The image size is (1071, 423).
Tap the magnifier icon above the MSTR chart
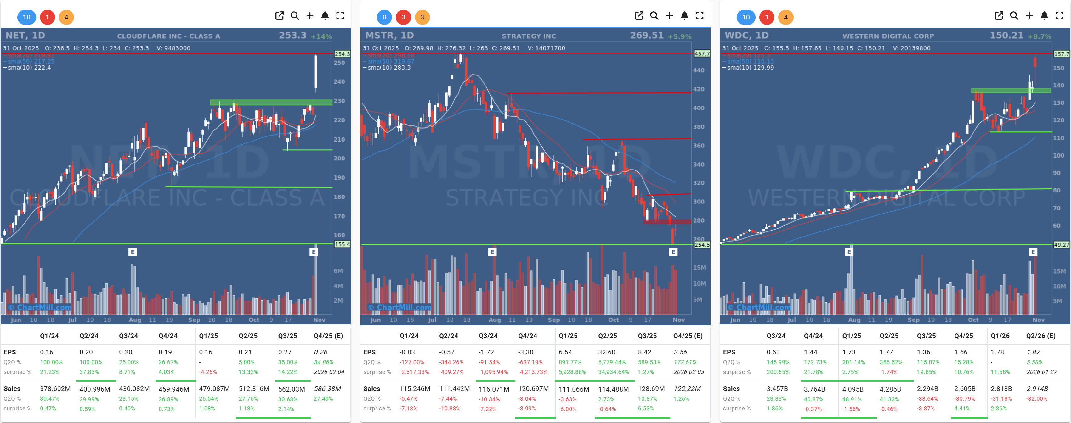coord(654,16)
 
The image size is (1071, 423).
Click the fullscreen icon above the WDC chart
coord(1059,16)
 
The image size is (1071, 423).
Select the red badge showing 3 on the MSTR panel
coord(403,17)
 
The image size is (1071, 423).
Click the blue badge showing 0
coord(384,17)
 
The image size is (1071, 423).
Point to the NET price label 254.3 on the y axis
coord(342,54)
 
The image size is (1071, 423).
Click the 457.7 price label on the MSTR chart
coord(702,53)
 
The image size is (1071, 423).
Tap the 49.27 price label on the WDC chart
coord(1061,245)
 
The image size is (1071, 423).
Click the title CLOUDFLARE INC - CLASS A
coord(168,36)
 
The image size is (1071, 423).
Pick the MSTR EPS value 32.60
coord(607,352)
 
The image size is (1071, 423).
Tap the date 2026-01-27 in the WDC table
coord(1041,372)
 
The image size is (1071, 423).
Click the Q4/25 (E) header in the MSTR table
coord(688,336)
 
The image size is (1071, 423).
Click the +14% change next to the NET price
coord(321,36)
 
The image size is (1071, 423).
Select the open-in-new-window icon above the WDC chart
coord(999,16)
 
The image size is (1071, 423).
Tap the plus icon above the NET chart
coord(310,16)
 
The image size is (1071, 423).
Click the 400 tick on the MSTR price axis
coord(699,108)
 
